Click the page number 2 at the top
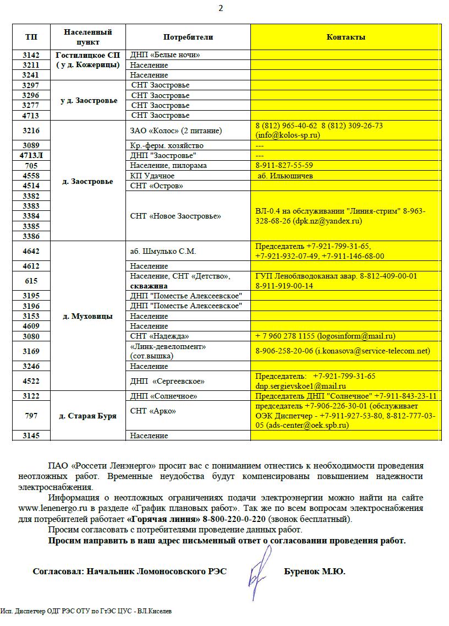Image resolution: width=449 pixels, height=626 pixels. point(221,8)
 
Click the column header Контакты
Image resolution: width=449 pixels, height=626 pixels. point(346,37)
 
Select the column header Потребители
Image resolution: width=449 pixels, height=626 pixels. point(188,37)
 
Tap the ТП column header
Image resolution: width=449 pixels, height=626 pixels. point(31,37)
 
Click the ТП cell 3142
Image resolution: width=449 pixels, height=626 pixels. point(31,55)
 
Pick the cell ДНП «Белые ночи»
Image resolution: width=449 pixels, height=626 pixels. point(165,55)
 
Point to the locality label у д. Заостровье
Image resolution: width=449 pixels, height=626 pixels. point(89,101)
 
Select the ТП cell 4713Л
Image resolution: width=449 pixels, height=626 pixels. point(31,156)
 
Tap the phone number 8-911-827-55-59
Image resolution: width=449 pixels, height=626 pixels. point(284,166)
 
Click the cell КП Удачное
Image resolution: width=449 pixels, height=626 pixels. point(152,176)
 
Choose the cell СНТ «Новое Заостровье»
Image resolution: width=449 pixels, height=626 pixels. point(176,216)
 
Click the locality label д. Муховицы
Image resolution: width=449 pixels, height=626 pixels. point(88,317)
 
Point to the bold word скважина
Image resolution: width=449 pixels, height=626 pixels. point(149,286)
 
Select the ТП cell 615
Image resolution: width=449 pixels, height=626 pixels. point(31,281)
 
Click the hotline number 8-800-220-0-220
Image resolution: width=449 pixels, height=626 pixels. point(234,519)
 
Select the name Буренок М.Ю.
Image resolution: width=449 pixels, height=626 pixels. point(314,572)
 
